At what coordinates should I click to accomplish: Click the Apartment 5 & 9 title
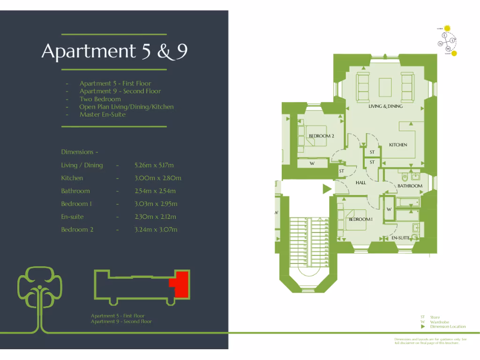click(114, 52)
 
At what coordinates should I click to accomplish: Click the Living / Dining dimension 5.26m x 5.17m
click(154, 165)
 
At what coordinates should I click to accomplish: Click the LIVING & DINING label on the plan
click(385, 106)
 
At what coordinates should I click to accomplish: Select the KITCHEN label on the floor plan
click(398, 145)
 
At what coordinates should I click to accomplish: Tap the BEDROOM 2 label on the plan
click(321, 136)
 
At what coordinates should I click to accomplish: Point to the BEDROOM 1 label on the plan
click(360, 219)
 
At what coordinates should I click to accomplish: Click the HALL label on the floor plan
click(360, 183)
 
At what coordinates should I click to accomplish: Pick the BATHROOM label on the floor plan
click(410, 186)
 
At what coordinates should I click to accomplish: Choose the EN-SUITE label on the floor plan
click(400, 238)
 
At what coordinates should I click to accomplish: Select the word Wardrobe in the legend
click(440, 322)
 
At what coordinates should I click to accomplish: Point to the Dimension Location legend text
click(448, 327)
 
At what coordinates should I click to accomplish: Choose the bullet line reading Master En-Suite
click(103, 114)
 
